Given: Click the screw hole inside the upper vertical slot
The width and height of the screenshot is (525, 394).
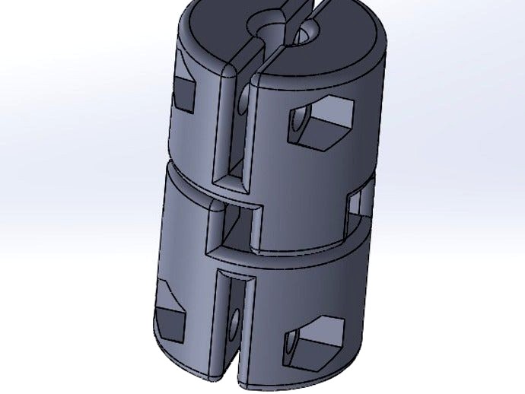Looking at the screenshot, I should [243, 103].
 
